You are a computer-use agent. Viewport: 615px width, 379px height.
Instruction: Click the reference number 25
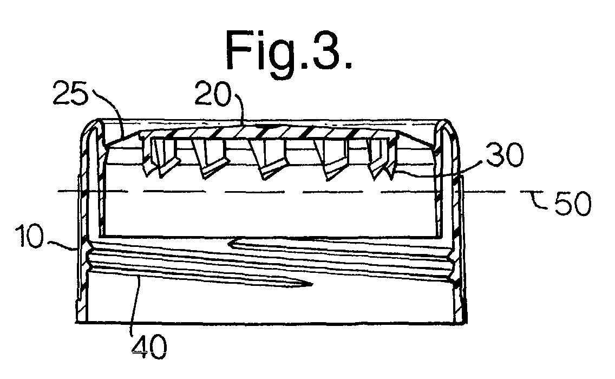click(70, 93)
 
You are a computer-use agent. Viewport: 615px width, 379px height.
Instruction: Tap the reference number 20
click(212, 93)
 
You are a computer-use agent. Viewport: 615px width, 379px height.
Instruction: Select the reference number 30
click(505, 154)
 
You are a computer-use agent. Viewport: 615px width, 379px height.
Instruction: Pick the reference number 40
click(149, 346)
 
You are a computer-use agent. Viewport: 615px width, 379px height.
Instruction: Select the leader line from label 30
click(439, 167)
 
